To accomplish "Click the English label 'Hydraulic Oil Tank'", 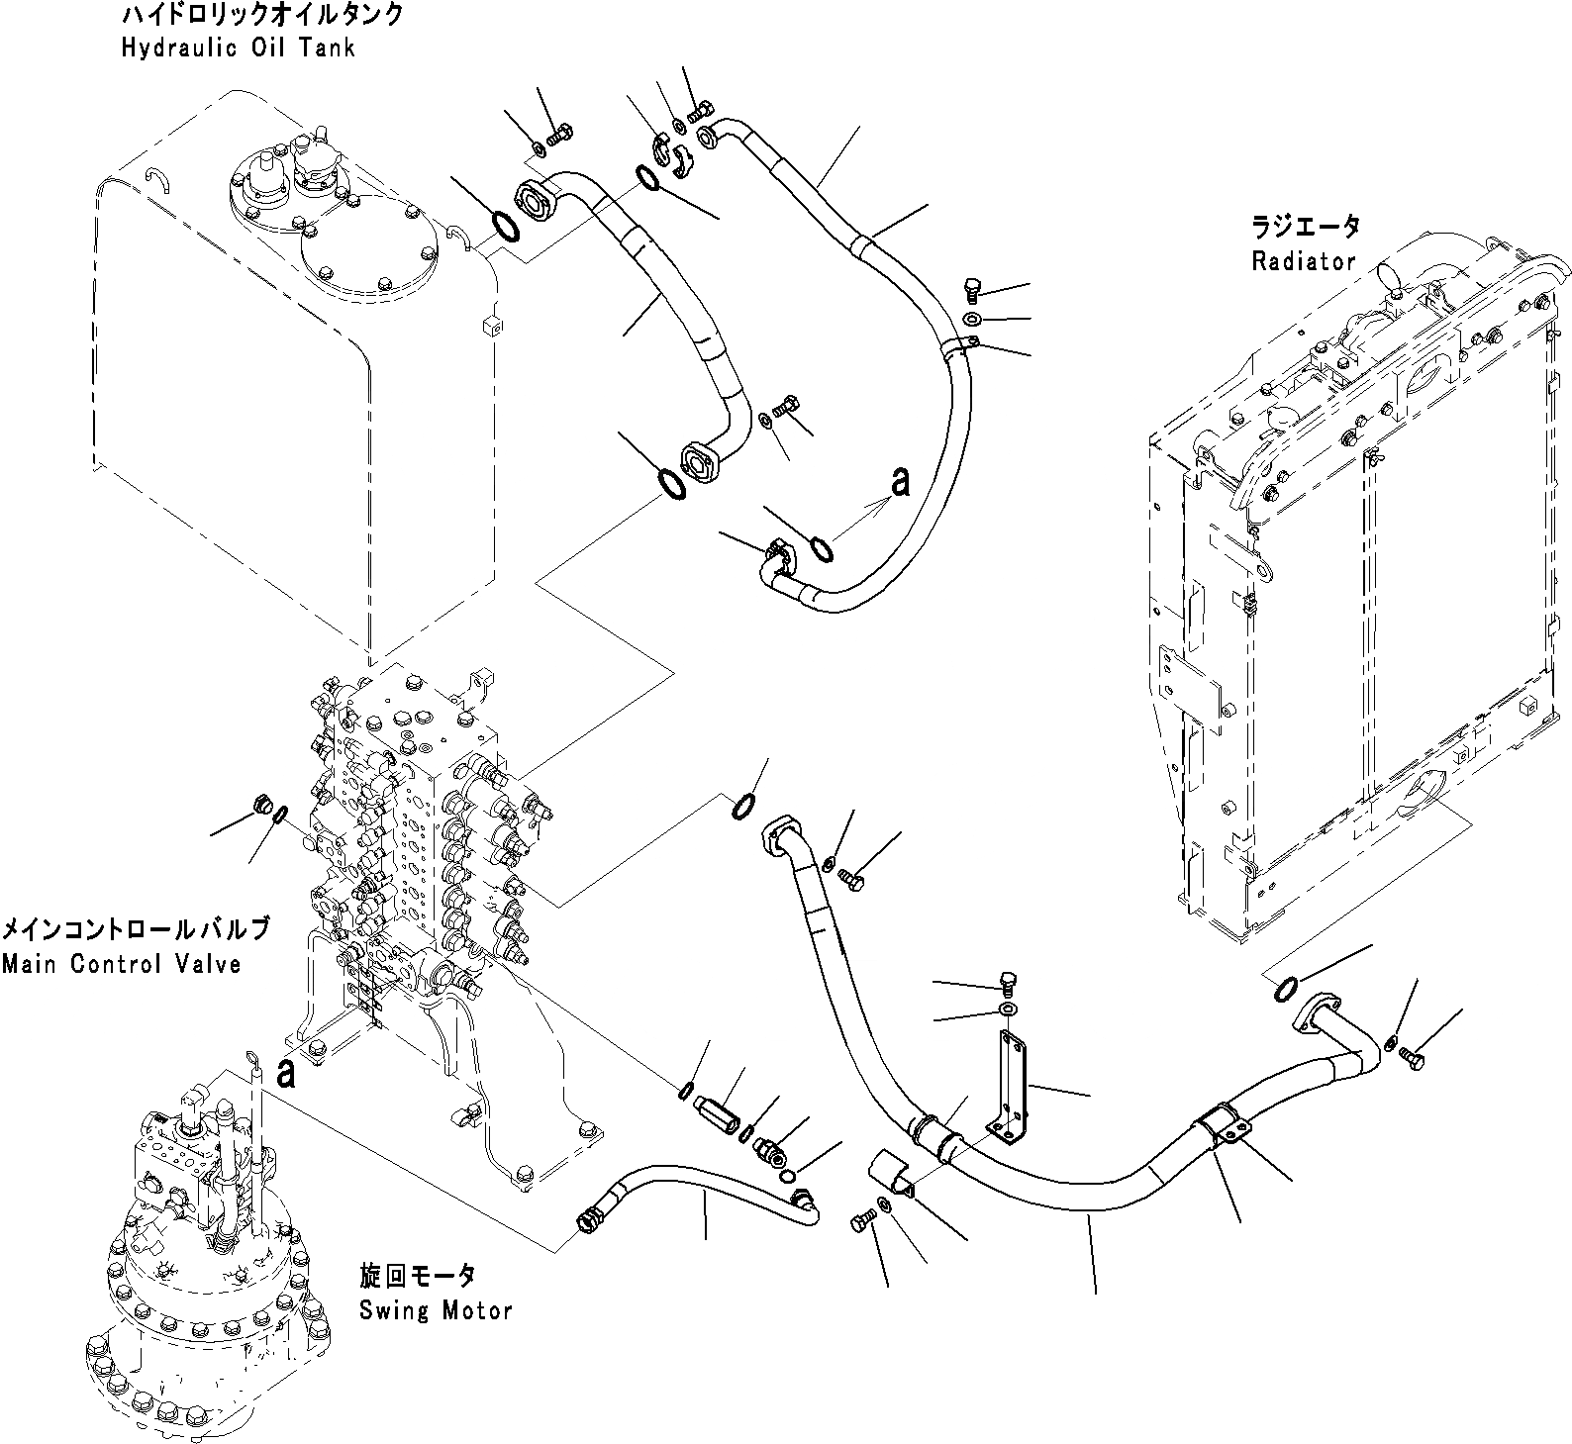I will point(237,48).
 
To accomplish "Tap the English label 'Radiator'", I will point(1303,261).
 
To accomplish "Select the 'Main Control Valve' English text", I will point(122,964).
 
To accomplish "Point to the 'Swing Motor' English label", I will point(436,1311).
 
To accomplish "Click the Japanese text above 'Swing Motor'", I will point(417,1277).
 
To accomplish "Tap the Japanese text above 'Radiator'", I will point(1306,227).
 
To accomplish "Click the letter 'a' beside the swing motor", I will point(286,1073).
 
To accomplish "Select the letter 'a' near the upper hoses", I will point(899,483).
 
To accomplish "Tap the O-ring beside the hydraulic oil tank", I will point(505,227).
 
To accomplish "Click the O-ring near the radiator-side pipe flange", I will point(1284,989).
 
